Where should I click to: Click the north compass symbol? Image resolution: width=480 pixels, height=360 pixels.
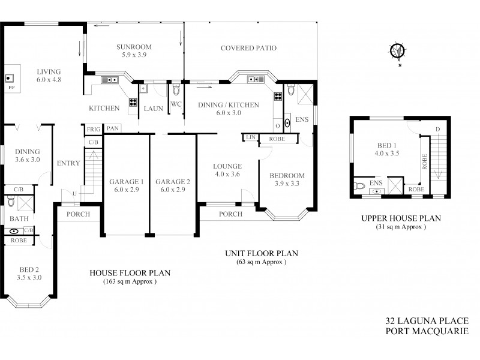point(397,52)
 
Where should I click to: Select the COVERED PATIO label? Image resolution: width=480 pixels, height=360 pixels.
point(248,48)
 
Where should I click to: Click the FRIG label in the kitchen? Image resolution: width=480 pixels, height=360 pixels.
point(93,130)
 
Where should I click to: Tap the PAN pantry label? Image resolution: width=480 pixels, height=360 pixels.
point(112,128)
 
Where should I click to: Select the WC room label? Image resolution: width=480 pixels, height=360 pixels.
point(176,104)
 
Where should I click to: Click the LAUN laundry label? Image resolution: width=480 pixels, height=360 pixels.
point(150,109)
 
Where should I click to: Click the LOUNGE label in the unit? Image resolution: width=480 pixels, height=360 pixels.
point(227,166)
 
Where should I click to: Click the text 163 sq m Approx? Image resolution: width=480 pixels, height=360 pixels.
point(130,281)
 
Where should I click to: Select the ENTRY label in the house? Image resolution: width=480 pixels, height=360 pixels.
point(64,163)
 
